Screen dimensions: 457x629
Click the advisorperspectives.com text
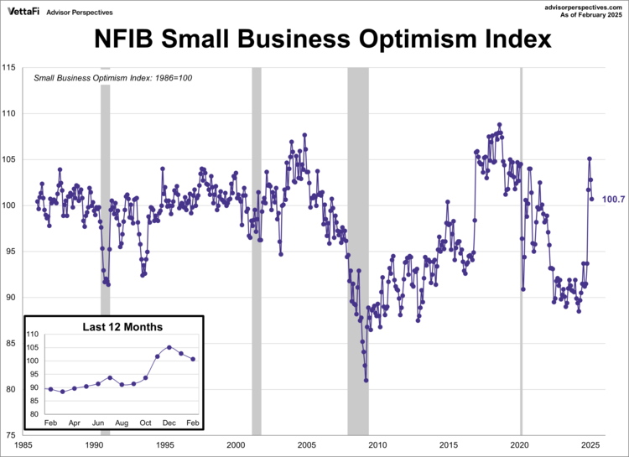click(x=581, y=6)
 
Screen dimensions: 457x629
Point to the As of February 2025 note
click(x=589, y=15)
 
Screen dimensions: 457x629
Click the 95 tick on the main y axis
click(x=12, y=251)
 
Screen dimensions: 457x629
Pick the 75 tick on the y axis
click(x=12, y=434)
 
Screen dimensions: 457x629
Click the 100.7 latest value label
click(x=611, y=199)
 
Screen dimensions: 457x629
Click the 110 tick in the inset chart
click(x=34, y=335)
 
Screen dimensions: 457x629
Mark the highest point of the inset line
click(x=169, y=346)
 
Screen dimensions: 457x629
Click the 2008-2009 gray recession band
click(x=358, y=252)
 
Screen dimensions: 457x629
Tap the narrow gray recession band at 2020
click(x=521, y=252)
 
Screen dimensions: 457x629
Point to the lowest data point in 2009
click(x=366, y=380)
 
